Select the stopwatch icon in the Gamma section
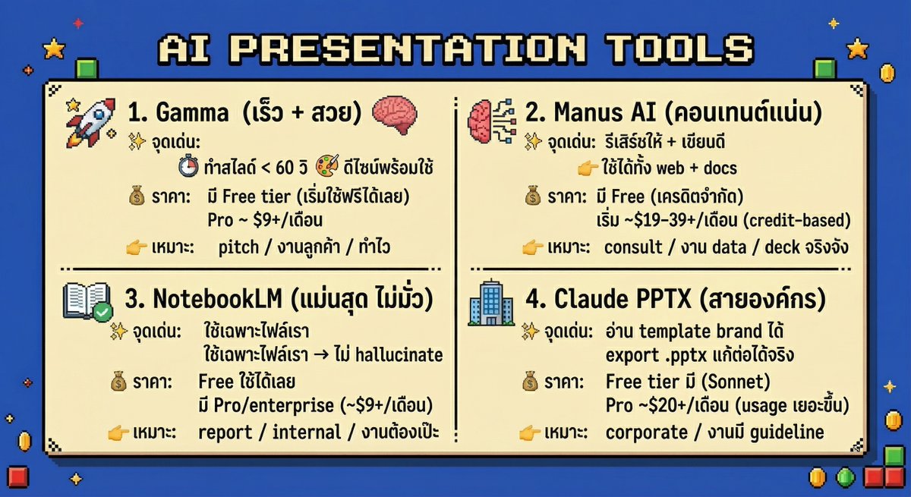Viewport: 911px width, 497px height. [188, 167]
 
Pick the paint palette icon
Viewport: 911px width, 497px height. [328, 167]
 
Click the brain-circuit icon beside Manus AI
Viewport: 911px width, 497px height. [490, 120]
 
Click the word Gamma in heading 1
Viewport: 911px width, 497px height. [192, 115]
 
